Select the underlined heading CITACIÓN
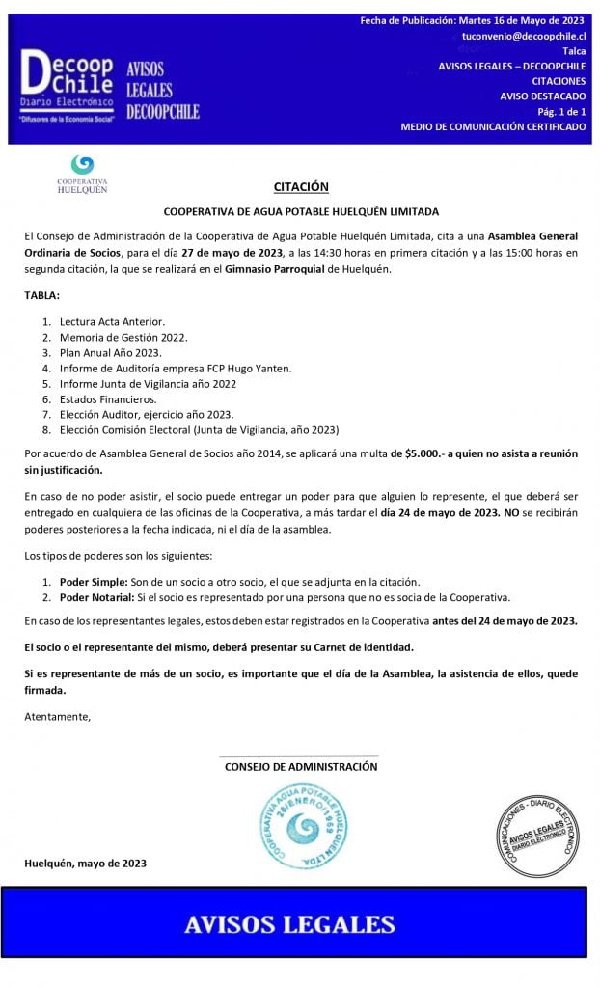pyautogui.click(x=300, y=187)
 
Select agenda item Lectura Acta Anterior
pyautogui.click(x=112, y=321)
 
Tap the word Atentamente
pyautogui.click(x=57, y=716)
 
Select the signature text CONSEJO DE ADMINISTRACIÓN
pyautogui.click(x=301, y=766)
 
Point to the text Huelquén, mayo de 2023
pyautogui.click(x=86, y=864)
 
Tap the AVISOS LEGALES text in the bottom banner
pyautogui.click(x=290, y=924)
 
